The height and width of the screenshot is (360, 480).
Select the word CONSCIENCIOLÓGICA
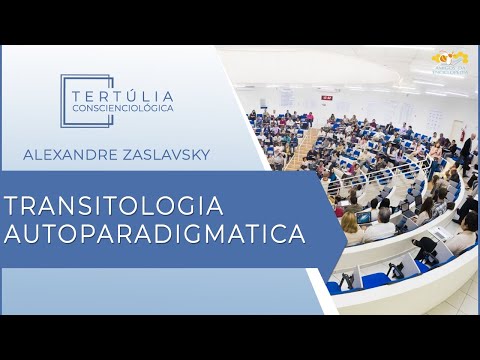click(123, 107)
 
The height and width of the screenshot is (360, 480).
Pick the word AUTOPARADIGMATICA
click(140, 236)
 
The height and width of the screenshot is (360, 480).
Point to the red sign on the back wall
click(326, 97)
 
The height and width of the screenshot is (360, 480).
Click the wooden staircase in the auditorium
click(303, 148)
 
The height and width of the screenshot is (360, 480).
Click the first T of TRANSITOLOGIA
click(12, 207)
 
